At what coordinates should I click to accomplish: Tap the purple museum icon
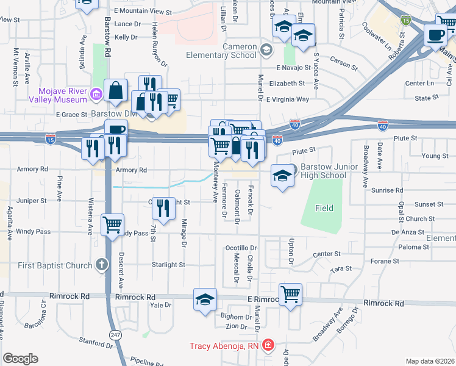point(96,94)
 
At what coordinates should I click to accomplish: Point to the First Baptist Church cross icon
point(101,265)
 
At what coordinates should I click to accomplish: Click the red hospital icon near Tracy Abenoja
point(267,346)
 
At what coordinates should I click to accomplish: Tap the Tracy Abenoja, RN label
point(224,346)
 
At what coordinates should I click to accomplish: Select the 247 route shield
point(115,335)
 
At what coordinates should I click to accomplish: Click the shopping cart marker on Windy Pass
point(113,226)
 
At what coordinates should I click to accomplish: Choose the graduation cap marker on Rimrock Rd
point(205,300)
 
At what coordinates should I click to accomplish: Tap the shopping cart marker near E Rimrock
point(291,295)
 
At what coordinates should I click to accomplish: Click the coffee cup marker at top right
point(436,35)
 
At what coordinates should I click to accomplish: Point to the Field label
point(324,208)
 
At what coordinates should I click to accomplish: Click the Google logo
point(20,359)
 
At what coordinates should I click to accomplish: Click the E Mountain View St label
point(143,11)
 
